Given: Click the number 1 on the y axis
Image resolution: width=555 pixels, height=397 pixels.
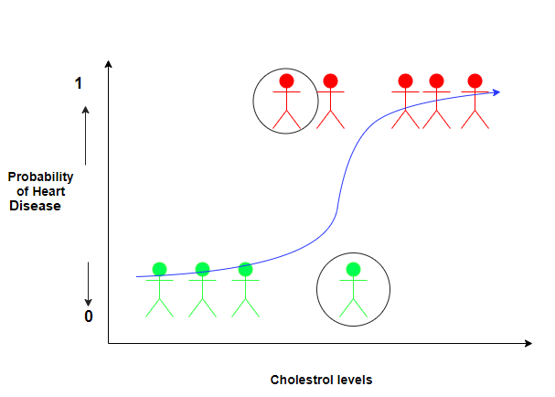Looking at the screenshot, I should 79,83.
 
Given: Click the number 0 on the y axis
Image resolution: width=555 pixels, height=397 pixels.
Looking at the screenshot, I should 89,317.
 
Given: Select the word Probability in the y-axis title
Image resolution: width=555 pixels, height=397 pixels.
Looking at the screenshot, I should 40,177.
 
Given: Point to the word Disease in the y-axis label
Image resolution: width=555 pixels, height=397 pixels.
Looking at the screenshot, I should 35,206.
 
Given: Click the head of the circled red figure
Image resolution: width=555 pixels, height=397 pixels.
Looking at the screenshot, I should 286,80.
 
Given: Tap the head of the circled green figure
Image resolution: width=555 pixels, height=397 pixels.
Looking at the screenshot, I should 353,270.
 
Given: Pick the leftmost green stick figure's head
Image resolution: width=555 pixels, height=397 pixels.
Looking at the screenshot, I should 159,269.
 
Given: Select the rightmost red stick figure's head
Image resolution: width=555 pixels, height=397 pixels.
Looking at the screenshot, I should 474,80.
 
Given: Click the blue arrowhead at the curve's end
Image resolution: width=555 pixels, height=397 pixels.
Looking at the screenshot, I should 495,91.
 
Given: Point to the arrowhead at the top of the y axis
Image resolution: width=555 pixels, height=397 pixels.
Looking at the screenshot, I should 109,64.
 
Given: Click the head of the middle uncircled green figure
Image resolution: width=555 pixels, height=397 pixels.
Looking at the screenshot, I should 202,269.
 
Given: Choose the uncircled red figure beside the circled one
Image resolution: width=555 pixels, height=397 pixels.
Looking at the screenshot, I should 330,101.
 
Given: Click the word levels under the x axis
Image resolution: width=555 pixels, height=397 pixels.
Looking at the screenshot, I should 355,380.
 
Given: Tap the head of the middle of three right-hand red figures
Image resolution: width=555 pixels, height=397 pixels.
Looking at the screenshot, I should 436,80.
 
